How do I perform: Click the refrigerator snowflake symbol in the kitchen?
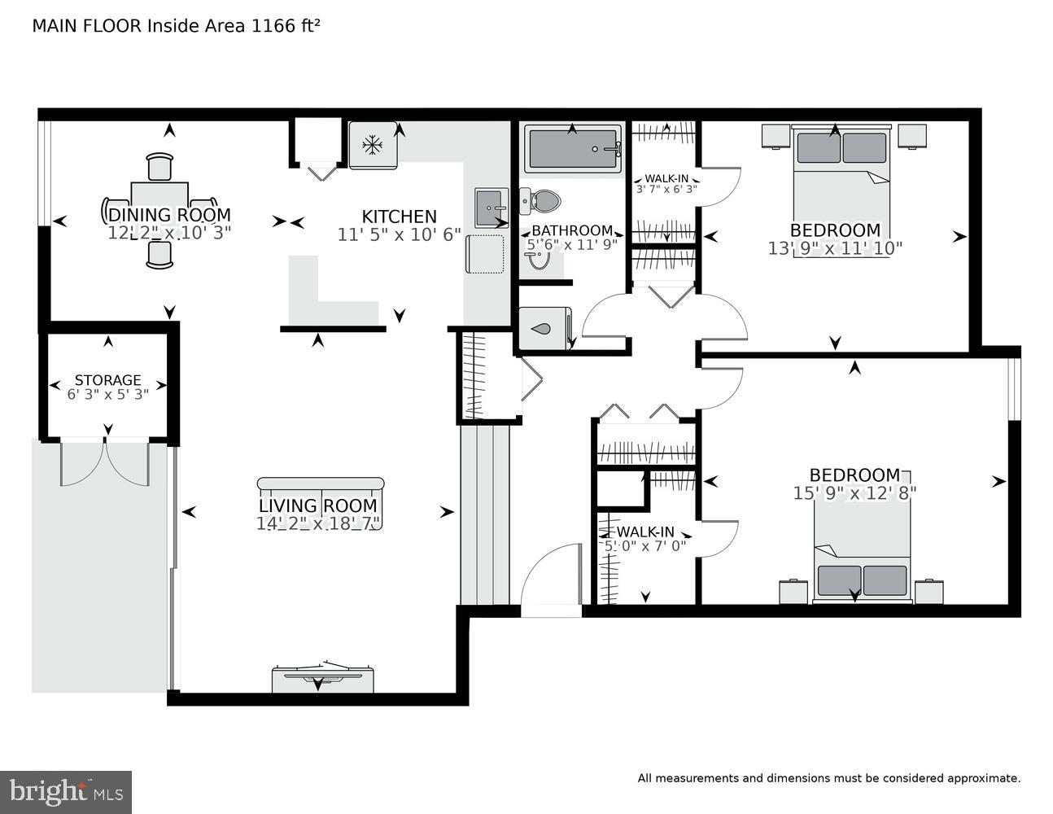pyautogui.click(x=373, y=146)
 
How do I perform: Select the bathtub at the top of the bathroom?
pyautogui.click(x=573, y=148)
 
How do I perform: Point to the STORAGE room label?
pyautogui.click(x=107, y=380)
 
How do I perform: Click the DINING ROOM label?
pyautogui.click(x=169, y=215)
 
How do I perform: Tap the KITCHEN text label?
pyautogui.click(x=399, y=217)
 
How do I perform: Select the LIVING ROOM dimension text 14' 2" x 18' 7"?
pyautogui.click(x=318, y=524)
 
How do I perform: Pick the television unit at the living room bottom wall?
pyautogui.click(x=322, y=676)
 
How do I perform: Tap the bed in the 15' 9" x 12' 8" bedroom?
pyautogui.click(x=862, y=562)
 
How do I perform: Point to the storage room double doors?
pyautogui.click(x=105, y=462)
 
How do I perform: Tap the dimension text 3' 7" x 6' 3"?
pyautogui.click(x=666, y=190)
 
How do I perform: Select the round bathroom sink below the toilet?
pyautogui.click(x=536, y=258)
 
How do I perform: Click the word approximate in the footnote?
pyautogui.click(x=983, y=778)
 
